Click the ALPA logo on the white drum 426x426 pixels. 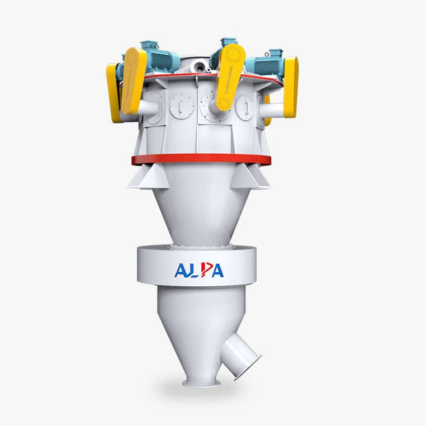[x=198, y=270]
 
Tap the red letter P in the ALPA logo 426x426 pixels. [x=201, y=270]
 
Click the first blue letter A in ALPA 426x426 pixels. [x=181, y=271]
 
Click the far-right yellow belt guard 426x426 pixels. [x=291, y=87]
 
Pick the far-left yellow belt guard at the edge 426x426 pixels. [x=113, y=92]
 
